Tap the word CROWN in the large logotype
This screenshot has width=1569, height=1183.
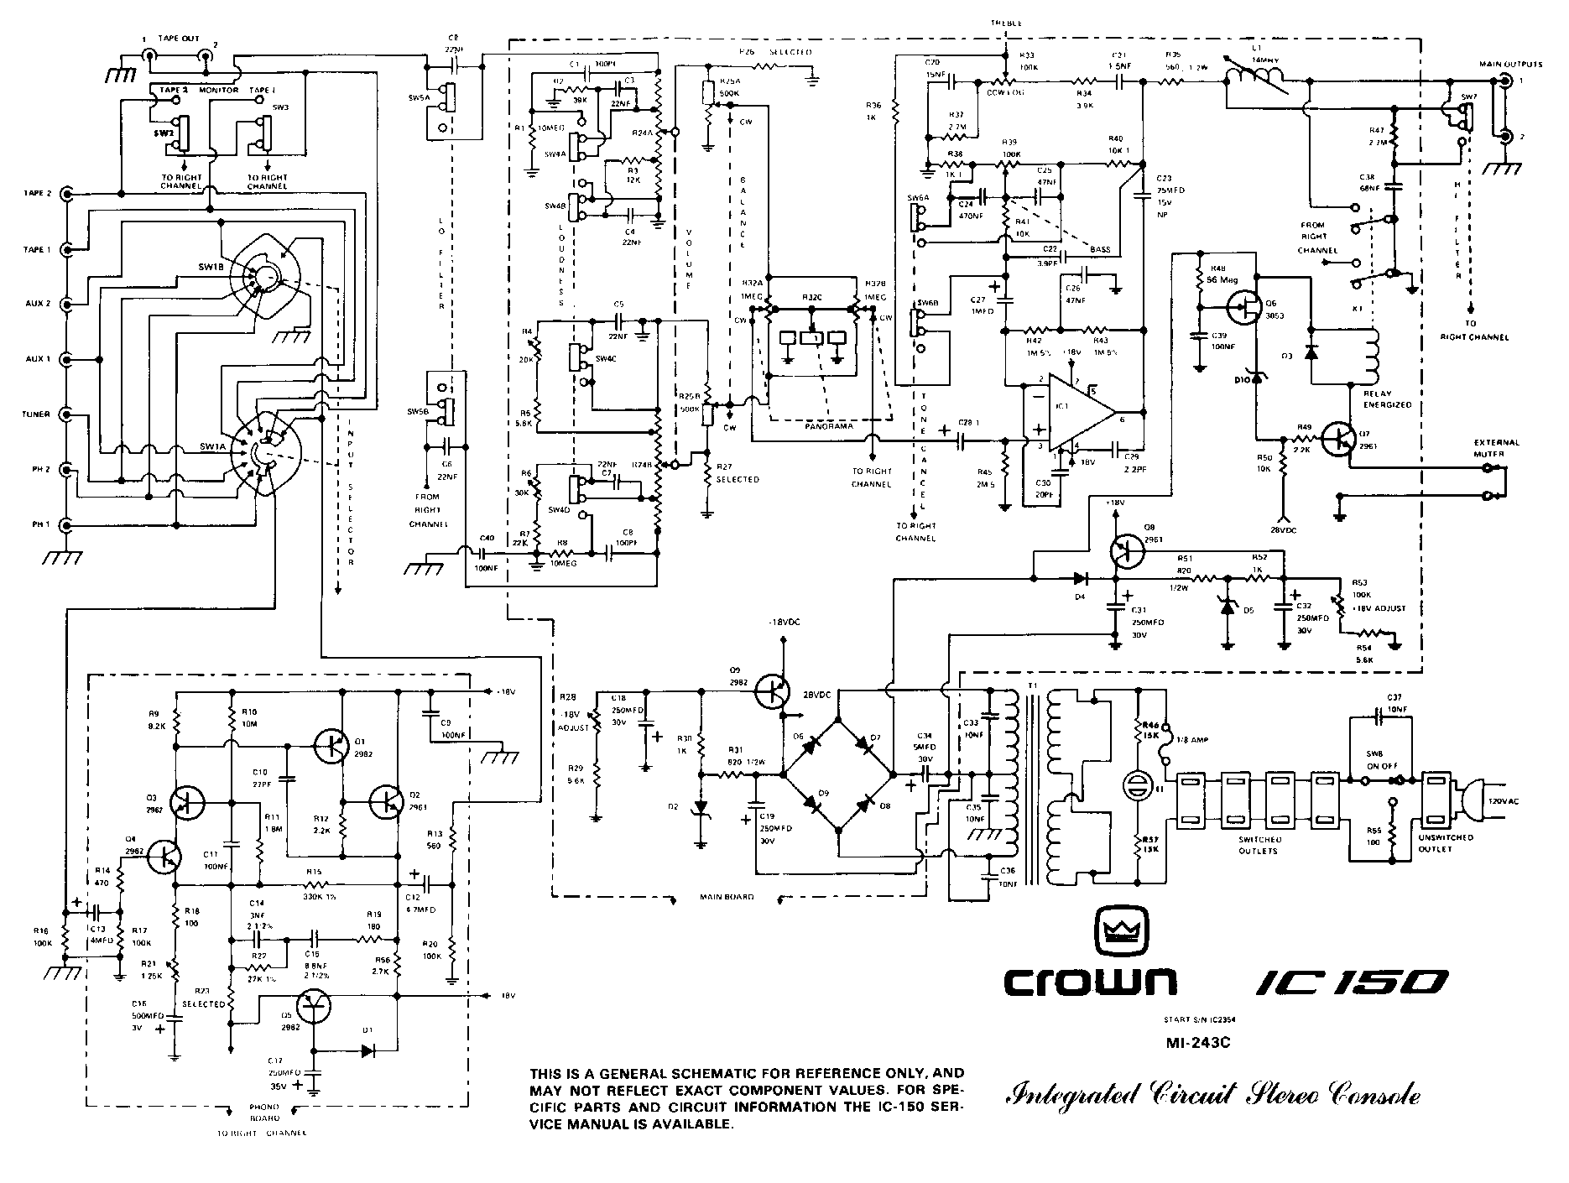click(1091, 982)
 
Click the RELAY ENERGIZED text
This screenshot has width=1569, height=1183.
click(1374, 399)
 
